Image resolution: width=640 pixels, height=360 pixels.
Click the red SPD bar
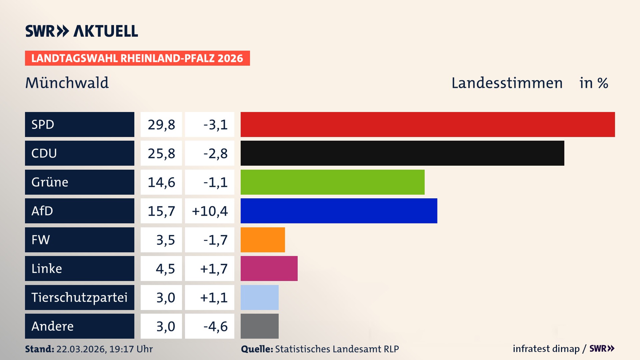click(428, 124)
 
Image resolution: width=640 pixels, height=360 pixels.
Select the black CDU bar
click(402, 153)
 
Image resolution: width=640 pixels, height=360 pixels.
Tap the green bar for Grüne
click(332, 182)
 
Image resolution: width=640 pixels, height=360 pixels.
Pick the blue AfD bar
click(339, 211)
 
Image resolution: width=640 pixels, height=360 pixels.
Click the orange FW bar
click(263, 240)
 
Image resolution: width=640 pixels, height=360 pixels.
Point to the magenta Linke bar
click(269, 268)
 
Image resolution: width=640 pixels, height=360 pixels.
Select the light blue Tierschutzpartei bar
click(259, 297)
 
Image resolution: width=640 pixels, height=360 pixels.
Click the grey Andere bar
click(259, 326)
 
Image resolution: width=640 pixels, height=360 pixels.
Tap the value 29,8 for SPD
click(161, 125)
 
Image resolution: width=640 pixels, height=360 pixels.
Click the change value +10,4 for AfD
click(210, 211)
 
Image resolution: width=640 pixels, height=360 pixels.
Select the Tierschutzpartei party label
click(79, 297)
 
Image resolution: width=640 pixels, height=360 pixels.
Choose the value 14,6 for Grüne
click(161, 182)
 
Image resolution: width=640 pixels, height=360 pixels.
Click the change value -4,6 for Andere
click(215, 326)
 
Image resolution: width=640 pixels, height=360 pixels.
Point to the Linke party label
click(47, 269)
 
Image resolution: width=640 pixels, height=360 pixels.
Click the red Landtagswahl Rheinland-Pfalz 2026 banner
click(137, 58)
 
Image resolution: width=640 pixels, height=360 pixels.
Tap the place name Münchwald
click(67, 83)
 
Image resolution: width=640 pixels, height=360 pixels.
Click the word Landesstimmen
click(507, 83)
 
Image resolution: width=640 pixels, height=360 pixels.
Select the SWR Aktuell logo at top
click(82, 31)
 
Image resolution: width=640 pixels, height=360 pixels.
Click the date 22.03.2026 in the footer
click(81, 349)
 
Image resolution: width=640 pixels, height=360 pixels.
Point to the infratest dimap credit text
click(546, 349)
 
